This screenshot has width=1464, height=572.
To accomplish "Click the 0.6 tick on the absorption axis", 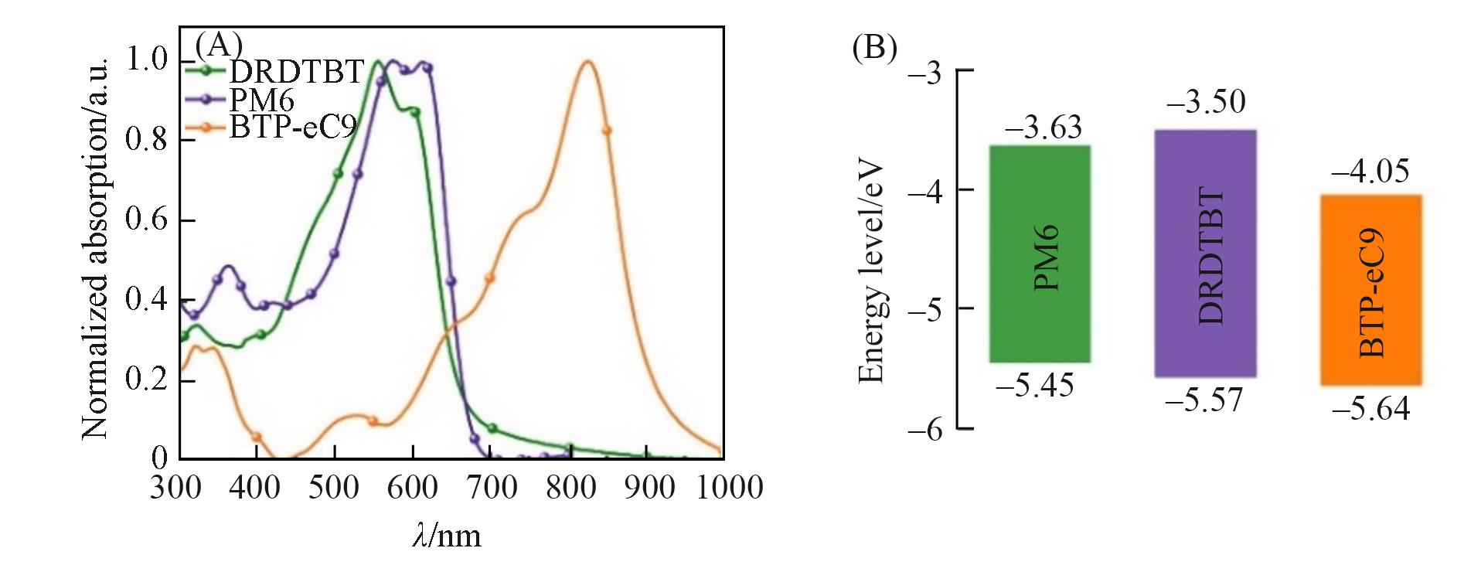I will (x=147, y=220).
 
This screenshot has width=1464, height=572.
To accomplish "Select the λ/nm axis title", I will (x=447, y=535).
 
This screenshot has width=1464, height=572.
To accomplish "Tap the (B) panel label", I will (x=874, y=48).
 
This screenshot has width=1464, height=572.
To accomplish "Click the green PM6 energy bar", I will (x=1040, y=254).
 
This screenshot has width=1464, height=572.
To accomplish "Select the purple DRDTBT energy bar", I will (x=1205, y=254).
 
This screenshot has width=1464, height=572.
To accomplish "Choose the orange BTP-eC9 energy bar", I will (x=1370, y=291).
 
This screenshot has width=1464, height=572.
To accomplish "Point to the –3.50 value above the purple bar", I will (x=1205, y=102).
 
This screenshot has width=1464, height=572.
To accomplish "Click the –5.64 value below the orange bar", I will (x=1370, y=408).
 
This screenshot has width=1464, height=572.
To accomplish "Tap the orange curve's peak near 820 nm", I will (x=587, y=61).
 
